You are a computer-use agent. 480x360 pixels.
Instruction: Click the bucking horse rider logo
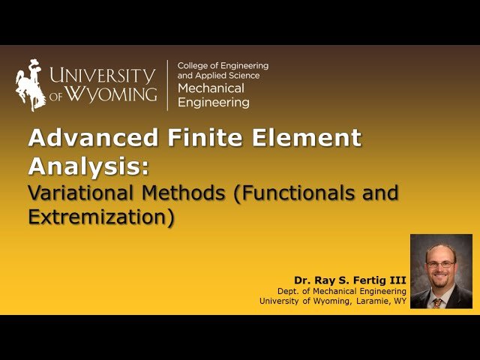point(30,85)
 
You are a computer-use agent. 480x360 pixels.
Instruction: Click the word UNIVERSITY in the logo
point(102,75)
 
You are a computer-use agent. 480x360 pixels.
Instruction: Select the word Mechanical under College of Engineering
point(205,88)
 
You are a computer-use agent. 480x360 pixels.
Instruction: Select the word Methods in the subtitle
point(185,192)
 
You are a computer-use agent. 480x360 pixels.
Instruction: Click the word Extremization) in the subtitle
point(100,217)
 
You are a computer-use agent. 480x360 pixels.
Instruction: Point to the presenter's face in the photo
point(440,265)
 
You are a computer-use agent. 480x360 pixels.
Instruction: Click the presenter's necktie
point(438,301)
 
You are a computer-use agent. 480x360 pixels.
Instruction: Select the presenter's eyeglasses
point(440,263)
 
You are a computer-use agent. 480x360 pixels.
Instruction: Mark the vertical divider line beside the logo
point(167,85)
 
